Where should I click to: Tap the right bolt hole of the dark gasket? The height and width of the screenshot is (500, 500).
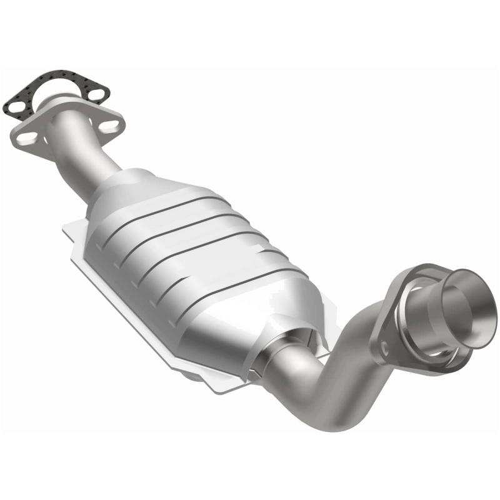pyautogui.click(x=96, y=94)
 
